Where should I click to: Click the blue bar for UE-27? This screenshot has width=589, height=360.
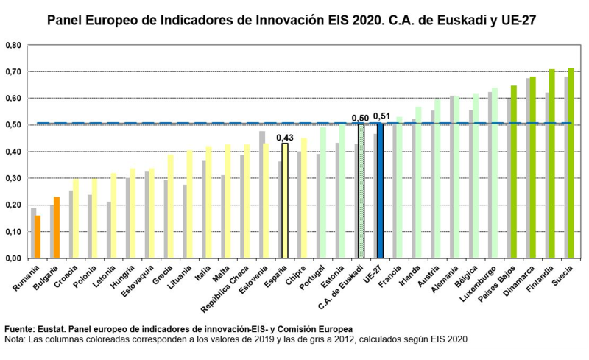tap(380, 191)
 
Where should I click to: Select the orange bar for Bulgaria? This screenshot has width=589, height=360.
tap(56, 227)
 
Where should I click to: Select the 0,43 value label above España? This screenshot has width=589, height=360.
tap(285, 137)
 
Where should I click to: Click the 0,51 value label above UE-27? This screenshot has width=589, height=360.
tap(381, 116)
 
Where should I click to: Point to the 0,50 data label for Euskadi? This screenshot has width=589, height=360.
tap(361, 118)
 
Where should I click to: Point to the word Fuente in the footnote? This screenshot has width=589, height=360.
tap(20, 328)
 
